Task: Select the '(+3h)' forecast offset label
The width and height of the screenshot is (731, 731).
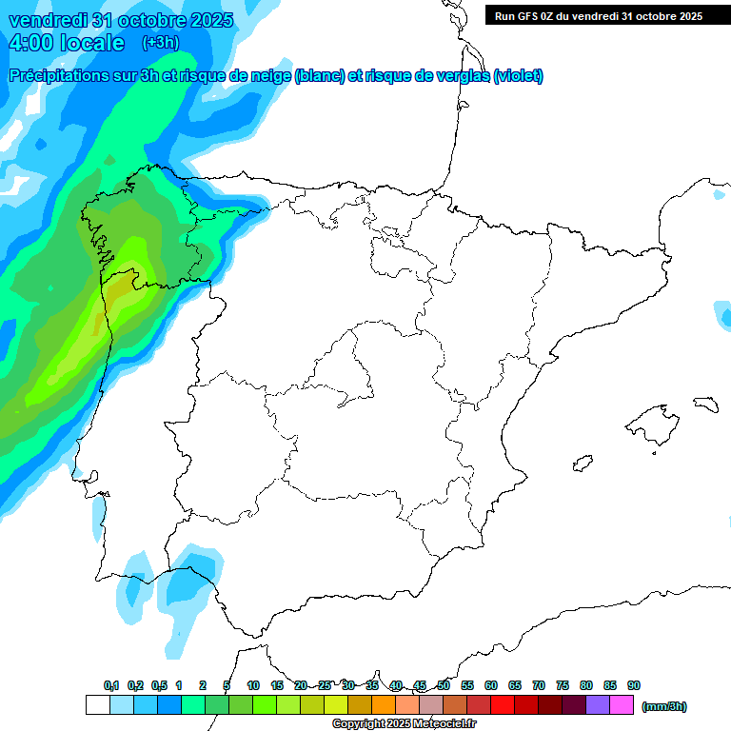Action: click(160, 43)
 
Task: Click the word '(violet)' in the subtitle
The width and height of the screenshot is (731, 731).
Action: click(518, 76)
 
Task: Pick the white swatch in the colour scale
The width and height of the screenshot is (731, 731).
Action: click(97, 705)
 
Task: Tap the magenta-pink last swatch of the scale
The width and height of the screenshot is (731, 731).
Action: click(622, 705)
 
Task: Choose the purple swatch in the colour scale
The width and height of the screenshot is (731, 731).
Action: click(598, 705)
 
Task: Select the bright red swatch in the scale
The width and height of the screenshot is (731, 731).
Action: click(503, 705)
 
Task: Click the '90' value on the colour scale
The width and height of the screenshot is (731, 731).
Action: click(634, 685)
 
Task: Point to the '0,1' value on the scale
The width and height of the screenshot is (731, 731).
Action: click(111, 685)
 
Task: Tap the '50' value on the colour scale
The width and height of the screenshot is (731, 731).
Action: click(444, 685)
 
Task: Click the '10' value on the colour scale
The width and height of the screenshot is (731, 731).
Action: click(253, 685)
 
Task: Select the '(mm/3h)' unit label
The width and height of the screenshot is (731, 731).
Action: click(664, 706)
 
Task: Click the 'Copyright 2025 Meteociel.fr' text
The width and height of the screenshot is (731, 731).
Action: click(405, 724)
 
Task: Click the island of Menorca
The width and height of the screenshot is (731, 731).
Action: click(705, 404)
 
